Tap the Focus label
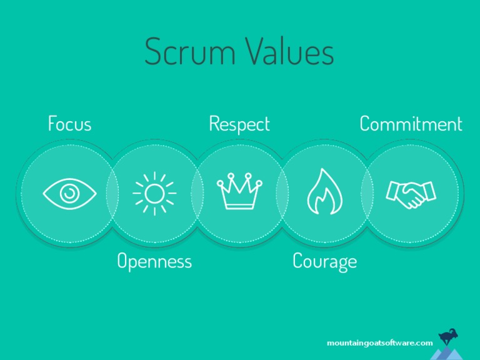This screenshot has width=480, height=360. click(69, 124)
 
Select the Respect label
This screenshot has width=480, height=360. click(239, 124)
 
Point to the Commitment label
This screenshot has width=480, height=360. click(411, 124)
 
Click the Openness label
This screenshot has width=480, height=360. click(154, 261)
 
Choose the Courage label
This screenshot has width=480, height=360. click(324, 261)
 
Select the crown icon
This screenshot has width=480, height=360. click(239, 192)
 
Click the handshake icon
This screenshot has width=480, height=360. click(411, 194)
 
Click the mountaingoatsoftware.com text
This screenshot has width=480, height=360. click(379, 343)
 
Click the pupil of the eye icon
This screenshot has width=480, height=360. click(70, 193)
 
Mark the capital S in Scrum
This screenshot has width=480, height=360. click(154, 52)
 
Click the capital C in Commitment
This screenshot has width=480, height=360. click(366, 124)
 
